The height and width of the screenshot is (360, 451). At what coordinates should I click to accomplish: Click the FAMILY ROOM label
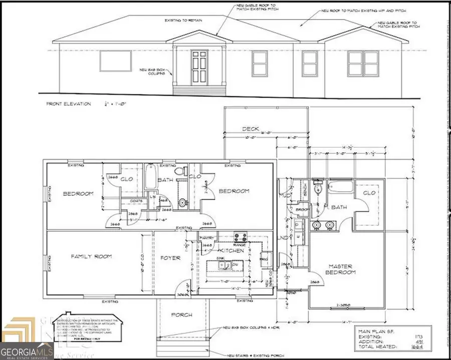[91, 256]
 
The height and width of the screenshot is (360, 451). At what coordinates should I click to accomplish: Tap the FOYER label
[166, 259]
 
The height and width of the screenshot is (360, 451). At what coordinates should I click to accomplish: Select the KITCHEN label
[233, 250]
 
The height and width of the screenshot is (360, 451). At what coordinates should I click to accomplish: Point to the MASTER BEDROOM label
[342, 269]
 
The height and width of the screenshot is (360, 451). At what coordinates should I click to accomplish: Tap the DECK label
[251, 129]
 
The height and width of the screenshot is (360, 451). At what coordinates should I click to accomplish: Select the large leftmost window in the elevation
[115, 61]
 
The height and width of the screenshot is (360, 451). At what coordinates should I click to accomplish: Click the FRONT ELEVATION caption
[69, 104]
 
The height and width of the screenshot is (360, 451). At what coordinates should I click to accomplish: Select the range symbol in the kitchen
[240, 237]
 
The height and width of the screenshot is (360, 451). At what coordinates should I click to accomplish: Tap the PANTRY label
[207, 237]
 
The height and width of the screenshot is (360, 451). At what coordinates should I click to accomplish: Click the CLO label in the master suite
[369, 193]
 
